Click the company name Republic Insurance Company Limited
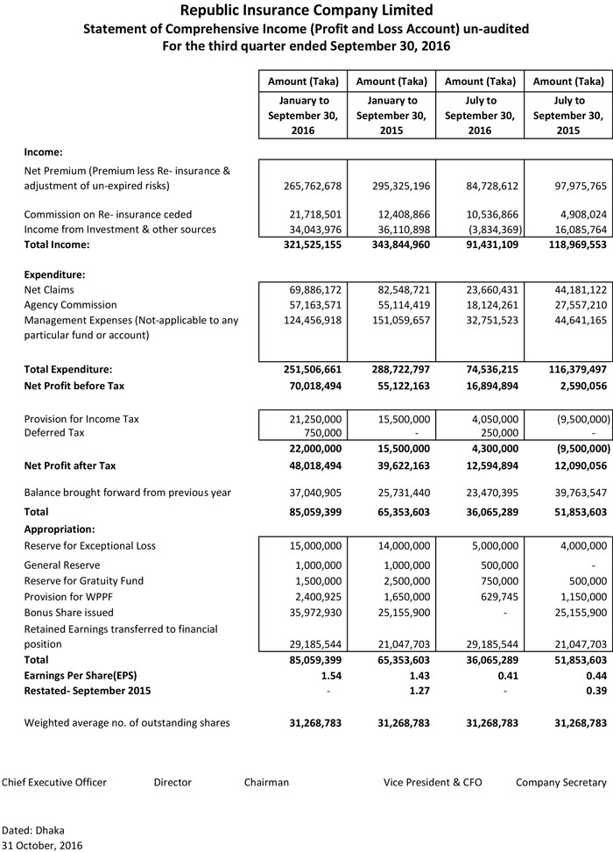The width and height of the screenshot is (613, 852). [x=306, y=11]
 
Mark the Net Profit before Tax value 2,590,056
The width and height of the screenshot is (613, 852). [x=570, y=386]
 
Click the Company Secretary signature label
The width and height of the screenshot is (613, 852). [x=560, y=782]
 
